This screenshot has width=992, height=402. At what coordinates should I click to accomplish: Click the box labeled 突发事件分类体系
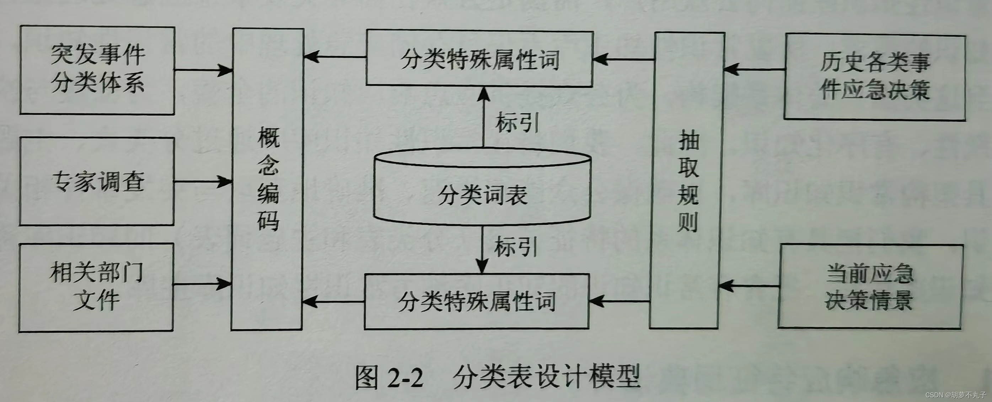pos(97,70)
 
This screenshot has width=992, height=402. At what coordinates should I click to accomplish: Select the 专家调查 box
pos(97,181)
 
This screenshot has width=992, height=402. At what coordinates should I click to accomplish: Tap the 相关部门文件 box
pos(96,287)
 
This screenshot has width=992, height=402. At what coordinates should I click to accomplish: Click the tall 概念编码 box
pos(268,179)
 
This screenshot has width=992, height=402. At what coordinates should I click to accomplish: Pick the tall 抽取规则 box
pos(688,180)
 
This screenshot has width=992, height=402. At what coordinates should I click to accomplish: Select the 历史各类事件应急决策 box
pos(875,77)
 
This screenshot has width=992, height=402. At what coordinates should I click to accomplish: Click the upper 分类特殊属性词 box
pos(479,59)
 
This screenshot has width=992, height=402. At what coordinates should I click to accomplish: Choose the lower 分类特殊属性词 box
pos(477,301)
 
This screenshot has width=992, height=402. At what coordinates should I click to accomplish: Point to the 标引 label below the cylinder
pos(516,246)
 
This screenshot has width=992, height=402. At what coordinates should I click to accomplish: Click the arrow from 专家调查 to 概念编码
pos(203,181)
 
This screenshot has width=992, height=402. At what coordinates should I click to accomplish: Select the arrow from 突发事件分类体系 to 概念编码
pos(203,70)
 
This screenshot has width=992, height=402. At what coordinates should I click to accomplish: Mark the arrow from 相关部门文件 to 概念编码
pos(202,284)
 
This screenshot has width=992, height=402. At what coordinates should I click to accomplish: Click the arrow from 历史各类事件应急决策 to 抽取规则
pos(755,70)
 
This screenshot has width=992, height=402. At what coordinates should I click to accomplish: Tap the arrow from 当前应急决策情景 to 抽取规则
pos(749,286)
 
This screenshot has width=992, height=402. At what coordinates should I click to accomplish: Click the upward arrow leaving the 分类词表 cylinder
pos(483,117)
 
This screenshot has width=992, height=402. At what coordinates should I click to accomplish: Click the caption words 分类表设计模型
pos(546,377)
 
